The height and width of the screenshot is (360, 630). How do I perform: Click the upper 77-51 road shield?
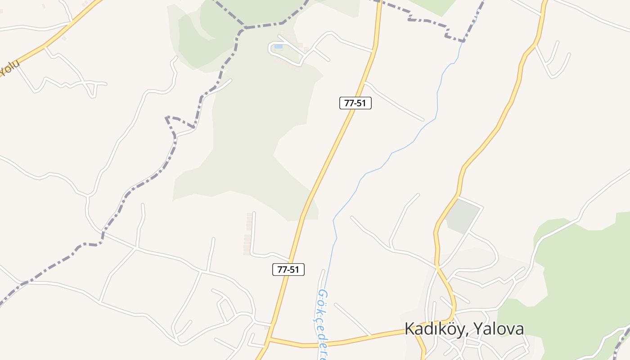[355, 103]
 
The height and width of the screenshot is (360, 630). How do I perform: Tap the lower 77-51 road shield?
[288, 270]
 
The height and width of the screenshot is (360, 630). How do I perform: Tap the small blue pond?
[279, 46]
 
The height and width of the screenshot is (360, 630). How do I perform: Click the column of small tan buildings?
[248, 234]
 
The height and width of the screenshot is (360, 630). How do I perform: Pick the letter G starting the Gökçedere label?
[323, 294]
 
